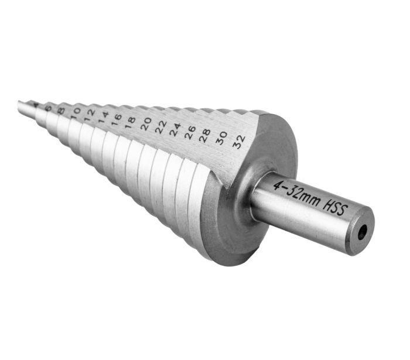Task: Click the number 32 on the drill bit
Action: [x=238, y=142]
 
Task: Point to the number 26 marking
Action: [x=190, y=132]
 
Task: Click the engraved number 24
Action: [x=175, y=129]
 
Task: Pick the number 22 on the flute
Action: [x=160, y=126]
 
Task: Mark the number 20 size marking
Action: [x=146, y=124]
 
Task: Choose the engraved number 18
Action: [x=130, y=121]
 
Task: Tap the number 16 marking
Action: [x=117, y=118]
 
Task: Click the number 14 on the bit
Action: [x=102, y=115]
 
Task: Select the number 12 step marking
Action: [x=88, y=113]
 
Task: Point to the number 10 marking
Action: [x=75, y=111]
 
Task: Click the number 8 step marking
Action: [x=61, y=109]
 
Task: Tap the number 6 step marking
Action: [x=48, y=107]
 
